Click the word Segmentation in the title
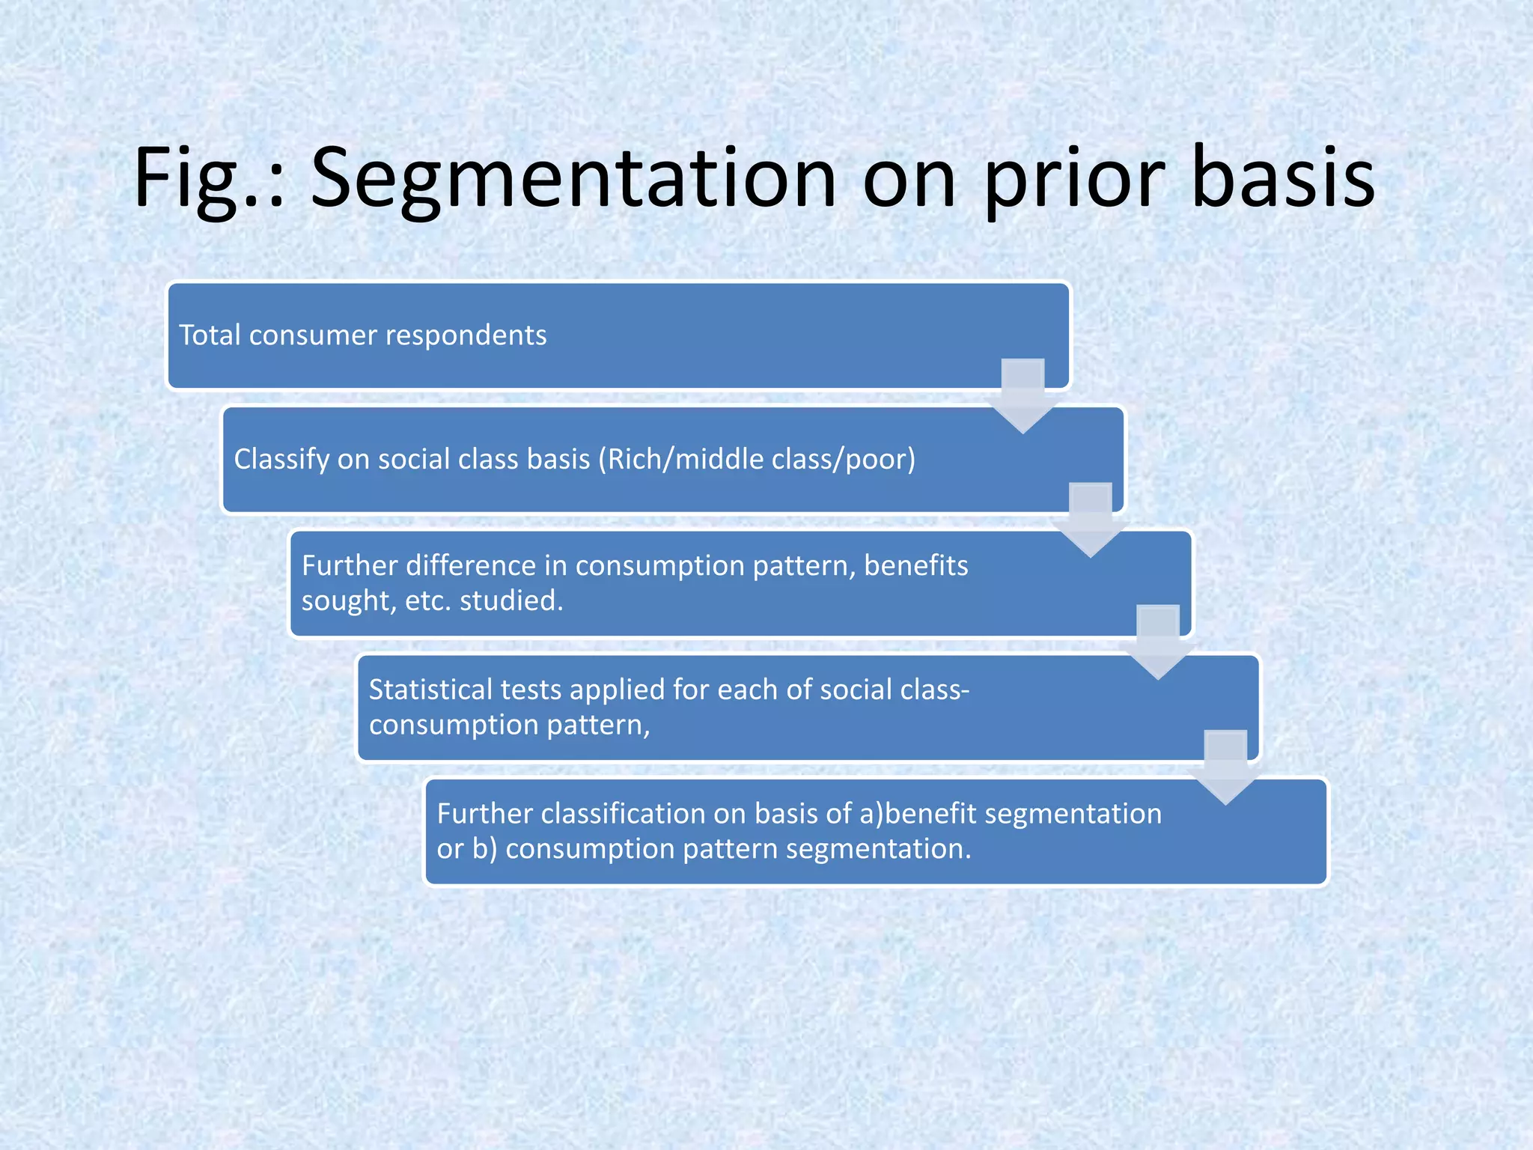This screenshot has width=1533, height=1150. [573, 180]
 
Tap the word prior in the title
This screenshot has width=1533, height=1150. [1074, 180]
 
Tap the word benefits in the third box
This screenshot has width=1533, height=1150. [915, 566]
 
